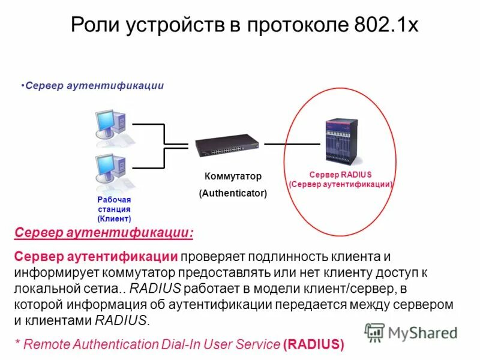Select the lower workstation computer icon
click(x=109, y=169)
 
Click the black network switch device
click(x=227, y=145)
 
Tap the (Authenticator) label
click(x=233, y=194)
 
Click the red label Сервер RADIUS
click(x=340, y=174)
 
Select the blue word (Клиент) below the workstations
click(x=114, y=219)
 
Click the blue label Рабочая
click(x=114, y=199)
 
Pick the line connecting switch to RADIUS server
click(x=292, y=144)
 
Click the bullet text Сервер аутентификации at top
click(x=95, y=86)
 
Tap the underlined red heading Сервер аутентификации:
click(x=104, y=232)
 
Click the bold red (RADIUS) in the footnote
click(x=314, y=344)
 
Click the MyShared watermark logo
click(x=412, y=332)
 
